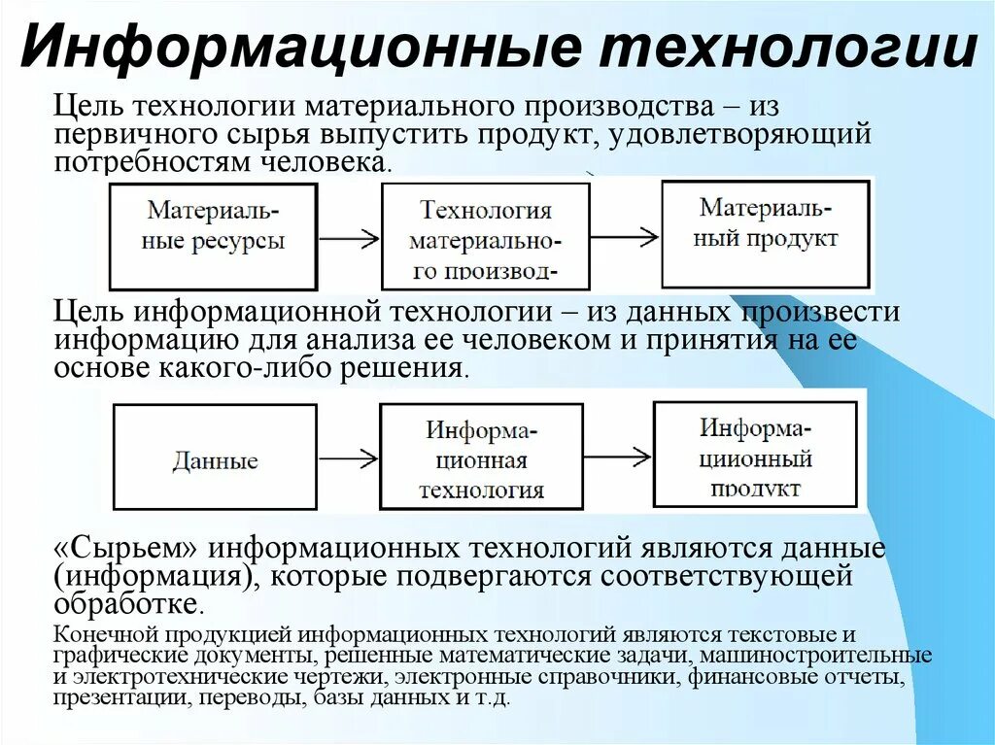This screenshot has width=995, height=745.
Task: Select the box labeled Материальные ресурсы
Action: pos(213,236)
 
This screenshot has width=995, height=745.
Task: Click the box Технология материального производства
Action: pos(485,236)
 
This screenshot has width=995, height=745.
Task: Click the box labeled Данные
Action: pos(215,456)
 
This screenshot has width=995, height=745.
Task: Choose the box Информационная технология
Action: pos(481,456)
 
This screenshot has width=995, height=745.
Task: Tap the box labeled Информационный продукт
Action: pos(754,453)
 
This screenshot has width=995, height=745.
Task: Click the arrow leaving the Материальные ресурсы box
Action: pos(348,237)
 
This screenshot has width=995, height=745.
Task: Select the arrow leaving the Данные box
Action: pos(348,456)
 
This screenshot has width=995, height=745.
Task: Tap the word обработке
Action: pos(128,604)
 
